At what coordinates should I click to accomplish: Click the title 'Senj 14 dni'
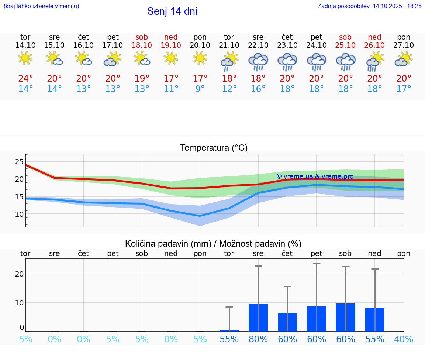coord(172,11)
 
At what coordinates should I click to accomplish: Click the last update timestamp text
coord(369,6)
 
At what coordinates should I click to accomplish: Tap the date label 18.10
coord(142,45)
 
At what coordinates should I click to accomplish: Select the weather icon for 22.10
coord(258,61)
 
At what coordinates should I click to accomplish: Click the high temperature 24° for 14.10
coord(25,79)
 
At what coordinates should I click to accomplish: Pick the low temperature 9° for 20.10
coord(200,89)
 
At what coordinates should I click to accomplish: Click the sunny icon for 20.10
coord(200,58)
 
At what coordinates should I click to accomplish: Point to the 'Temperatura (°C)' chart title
coord(214,148)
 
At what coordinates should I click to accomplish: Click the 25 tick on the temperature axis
coord(19,161)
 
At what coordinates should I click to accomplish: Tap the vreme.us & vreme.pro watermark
coord(315,176)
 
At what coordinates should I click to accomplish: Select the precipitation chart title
coord(213,244)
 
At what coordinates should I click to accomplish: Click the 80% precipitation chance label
coord(258,339)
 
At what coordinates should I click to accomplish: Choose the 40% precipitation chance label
coord(404,339)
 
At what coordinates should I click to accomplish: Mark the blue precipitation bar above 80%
coord(258,318)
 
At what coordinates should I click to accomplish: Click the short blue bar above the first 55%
coord(229,330)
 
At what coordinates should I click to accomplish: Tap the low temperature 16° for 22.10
coord(258,89)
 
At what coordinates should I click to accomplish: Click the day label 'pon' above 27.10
coord(404,37)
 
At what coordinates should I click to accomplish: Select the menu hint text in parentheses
coord(41,6)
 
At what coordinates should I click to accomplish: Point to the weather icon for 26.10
coord(375,61)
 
